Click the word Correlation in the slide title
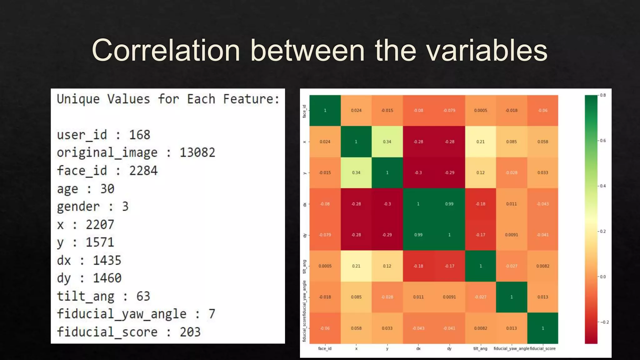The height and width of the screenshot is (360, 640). pyautogui.click(x=166, y=51)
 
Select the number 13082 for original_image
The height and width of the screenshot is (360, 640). pyautogui.click(x=197, y=152)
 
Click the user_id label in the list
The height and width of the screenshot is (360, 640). pyautogui.click(x=82, y=135)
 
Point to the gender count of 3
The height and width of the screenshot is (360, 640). pyautogui.click(x=125, y=207)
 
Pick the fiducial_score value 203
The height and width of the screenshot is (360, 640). pyautogui.click(x=190, y=332)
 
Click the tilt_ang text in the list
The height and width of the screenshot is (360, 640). pyautogui.click(x=85, y=296)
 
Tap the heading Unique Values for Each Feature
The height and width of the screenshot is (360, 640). pyautogui.click(x=168, y=99)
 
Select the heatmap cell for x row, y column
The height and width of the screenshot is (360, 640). pyautogui.click(x=387, y=142)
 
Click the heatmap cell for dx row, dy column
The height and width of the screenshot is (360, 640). pyautogui.click(x=449, y=204)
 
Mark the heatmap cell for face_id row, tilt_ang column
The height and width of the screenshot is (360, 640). pyautogui.click(x=480, y=110)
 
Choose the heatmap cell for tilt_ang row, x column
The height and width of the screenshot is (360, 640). pyautogui.click(x=356, y=266)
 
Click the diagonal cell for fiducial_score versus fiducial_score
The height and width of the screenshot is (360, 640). pyautogui.click(x=542, y=328)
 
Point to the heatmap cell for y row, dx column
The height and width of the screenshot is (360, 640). pyautogui.click(x=418, y=172)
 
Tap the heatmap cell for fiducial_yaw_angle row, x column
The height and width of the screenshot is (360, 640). pyautogui.click(x=356, y=297)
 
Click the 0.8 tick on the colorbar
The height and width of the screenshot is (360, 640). pyautogui.click(x=602, y=95)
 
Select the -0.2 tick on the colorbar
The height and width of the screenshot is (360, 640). pyautogui.click(x=604, y=322)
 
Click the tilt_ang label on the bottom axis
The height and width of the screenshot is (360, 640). pyautogui.click(x=480, y=348)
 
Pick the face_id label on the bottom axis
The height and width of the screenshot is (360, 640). pyautogui.click(x=325, y=348)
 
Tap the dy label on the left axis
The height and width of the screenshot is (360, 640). pyautogui.click(x=305, y=235)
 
